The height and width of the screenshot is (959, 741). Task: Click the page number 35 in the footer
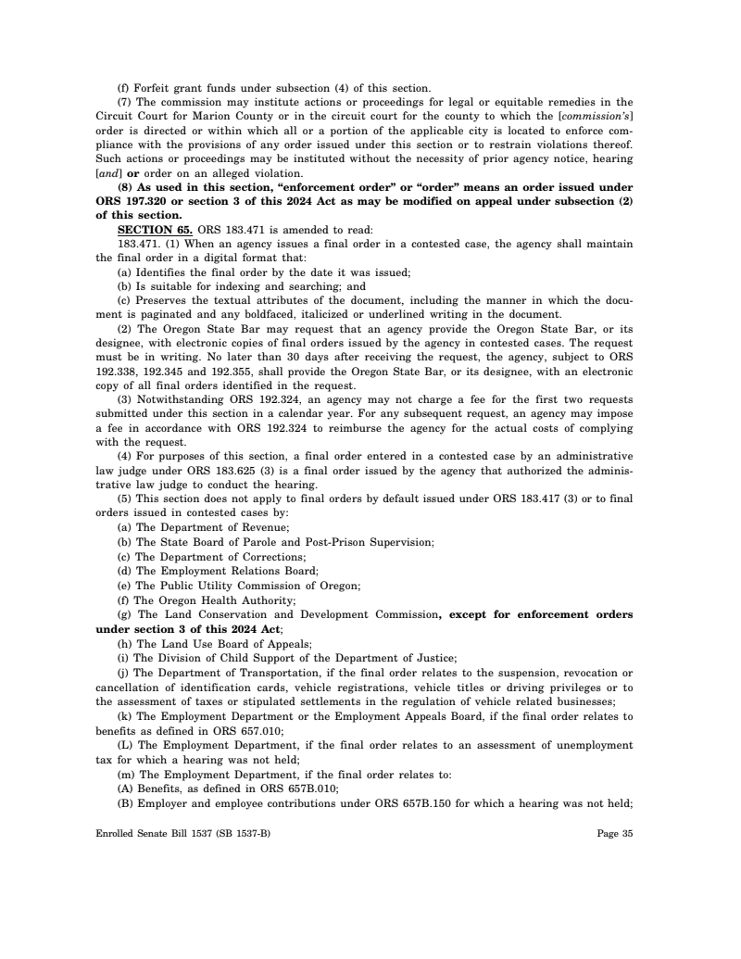625,833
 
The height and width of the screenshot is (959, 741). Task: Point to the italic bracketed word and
107,173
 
